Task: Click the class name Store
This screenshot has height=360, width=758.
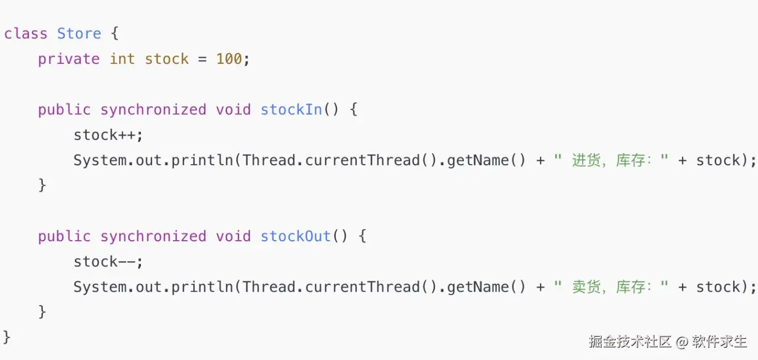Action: coord(79,33)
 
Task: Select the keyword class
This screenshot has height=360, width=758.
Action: coord(26,33)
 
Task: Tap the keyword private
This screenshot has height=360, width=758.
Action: coord(69,59)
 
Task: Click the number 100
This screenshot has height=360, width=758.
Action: coord(229,59)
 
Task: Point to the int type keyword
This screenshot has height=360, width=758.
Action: coord(122,59)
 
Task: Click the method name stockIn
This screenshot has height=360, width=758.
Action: coord(291,109)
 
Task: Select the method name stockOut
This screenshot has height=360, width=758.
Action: coord(296,236)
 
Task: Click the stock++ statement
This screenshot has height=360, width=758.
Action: coord(108,135)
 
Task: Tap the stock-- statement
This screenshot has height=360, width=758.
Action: coord(108,261)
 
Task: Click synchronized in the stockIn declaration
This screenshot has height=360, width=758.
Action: coord(153,109)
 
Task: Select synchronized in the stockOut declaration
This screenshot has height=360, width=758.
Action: coord(153,236)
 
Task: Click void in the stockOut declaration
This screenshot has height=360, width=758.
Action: coord(233,236)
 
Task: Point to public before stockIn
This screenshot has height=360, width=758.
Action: coord(64,109)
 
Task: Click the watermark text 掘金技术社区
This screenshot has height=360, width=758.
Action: coord(630,341)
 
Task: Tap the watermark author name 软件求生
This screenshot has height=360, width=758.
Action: coord(720,341)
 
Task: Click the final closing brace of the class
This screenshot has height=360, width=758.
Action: coord(7,337)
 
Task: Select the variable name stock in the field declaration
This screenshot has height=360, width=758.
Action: coord(166,59)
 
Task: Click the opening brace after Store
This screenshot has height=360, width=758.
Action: coord(115,33)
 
